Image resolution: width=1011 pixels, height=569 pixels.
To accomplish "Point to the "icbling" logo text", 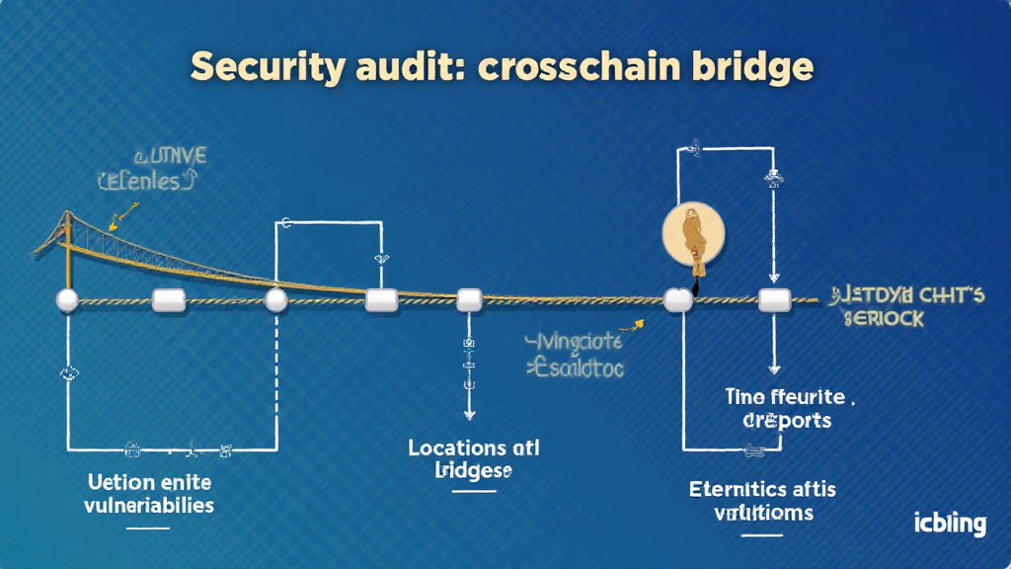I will tap(949, 522).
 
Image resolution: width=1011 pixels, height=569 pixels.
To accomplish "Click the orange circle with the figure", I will tap(692, 238).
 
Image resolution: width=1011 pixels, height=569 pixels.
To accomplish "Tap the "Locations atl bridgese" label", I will tap(474, 459).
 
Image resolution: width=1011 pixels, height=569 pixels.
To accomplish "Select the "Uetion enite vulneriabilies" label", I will tap(149, 493).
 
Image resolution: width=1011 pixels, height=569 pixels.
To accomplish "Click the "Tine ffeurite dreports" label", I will tap(786, 408).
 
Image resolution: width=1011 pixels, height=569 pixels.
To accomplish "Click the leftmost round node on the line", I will tap(67, 300).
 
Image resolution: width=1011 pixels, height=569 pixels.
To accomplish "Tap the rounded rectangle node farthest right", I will tap(773, 299).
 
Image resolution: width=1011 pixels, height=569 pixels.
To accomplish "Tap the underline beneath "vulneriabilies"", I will tap(148, 528).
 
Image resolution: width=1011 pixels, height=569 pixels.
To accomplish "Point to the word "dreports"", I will tap(787, 420).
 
